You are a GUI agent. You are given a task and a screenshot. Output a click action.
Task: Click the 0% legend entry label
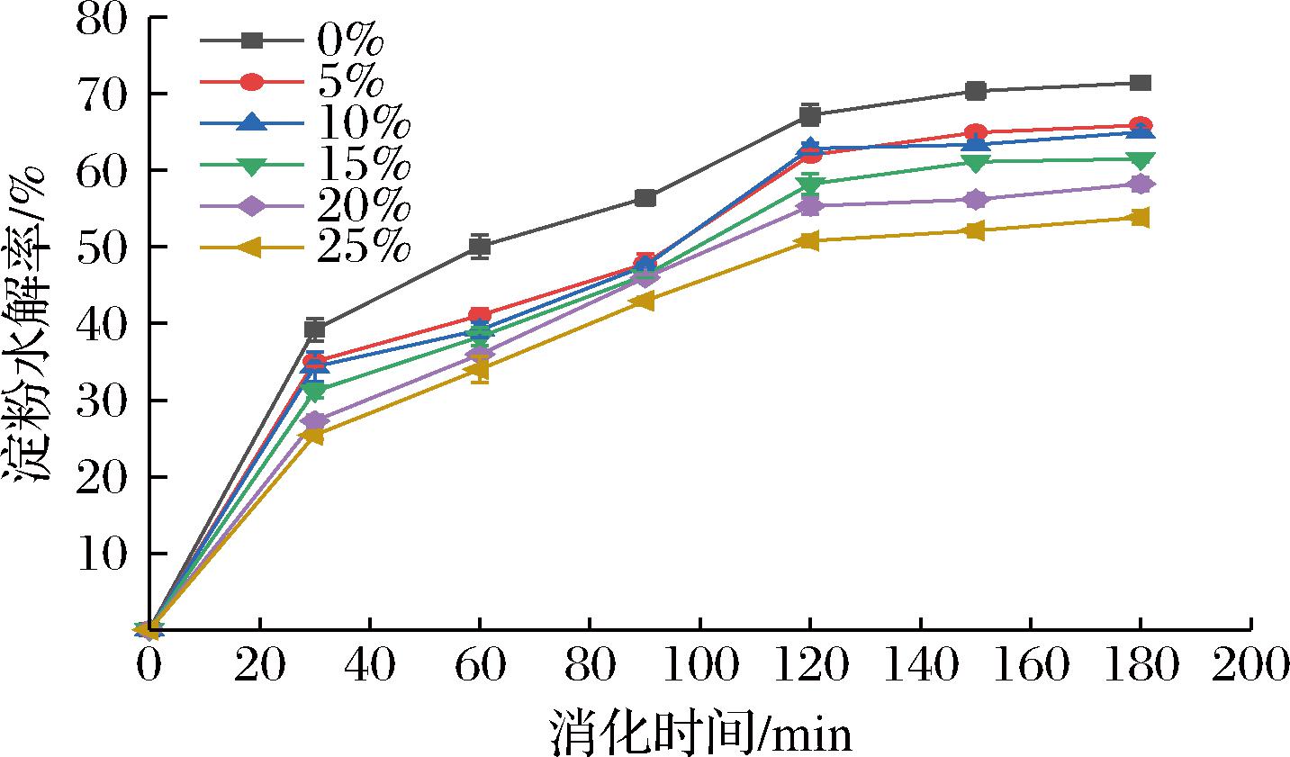[x=350, y=41]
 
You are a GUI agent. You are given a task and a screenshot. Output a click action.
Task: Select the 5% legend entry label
[x=350, y=83]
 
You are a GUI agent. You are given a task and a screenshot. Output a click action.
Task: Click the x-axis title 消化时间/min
[x=700, y=734]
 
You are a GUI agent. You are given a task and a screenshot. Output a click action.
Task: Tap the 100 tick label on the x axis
[x=699, y=667]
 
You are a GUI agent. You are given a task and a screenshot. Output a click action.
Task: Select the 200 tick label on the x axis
[x=1250, y=667]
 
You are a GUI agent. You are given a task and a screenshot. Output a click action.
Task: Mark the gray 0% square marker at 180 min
[x=1140, y=83]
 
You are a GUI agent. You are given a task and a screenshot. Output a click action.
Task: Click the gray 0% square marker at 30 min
[x=314, y=329]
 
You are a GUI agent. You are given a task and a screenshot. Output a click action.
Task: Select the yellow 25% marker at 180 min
[x=1139, y=218]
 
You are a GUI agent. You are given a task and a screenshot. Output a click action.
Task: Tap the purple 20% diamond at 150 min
[x=975, y=200]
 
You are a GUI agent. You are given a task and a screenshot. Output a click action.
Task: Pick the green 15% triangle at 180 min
[x=1140, y=160]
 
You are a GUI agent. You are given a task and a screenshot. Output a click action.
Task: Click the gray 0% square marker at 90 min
[x=645, y=198]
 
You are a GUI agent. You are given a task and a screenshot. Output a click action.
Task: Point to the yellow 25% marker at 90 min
[x=644, y=301]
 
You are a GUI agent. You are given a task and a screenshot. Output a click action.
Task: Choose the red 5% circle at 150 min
[x=975, y=133]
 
